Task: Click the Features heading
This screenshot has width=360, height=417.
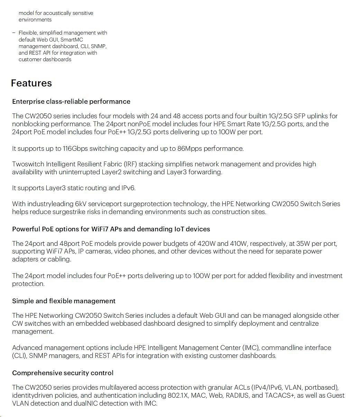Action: pyautogui.click(x=31, y=83)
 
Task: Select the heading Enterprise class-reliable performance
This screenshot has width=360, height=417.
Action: pyautogui.click(x=71, y=102)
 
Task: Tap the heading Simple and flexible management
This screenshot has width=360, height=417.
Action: pyautogui.click(x=64, y=301)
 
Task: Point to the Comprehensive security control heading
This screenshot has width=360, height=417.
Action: pyautogui.click(x=63, y=373)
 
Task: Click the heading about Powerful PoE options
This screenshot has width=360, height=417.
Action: pyautogui.click(x=111, y=229)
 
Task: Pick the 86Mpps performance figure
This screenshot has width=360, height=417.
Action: pyautogui.click(x=190, y=149)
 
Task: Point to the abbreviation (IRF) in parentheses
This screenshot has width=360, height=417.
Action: pyautogui.click(x=130, y=164)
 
